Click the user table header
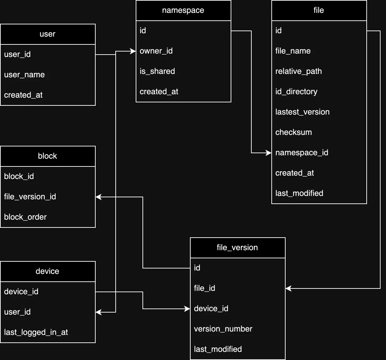click(47, 34)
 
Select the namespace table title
click(183, 11)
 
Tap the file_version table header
click(237, 248)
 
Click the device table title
click(47, 272)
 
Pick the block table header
click(47, 156)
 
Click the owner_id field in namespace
click(156, 51)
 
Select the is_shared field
click(157, 72)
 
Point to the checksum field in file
click(293, 133)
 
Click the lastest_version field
click(302, 112)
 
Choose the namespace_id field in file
click(302, 153)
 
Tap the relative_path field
click(298, 72)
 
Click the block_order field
click(25, 217)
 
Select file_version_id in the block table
click(30, 197)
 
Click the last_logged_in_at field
click(36, 333)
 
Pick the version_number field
click(223, 329)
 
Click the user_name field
click(24, 75)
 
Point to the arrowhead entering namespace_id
click(269, 153)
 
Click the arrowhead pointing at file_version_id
click(98, 197)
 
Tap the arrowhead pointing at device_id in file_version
click(187, 309)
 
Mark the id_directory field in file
click(296, 92)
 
